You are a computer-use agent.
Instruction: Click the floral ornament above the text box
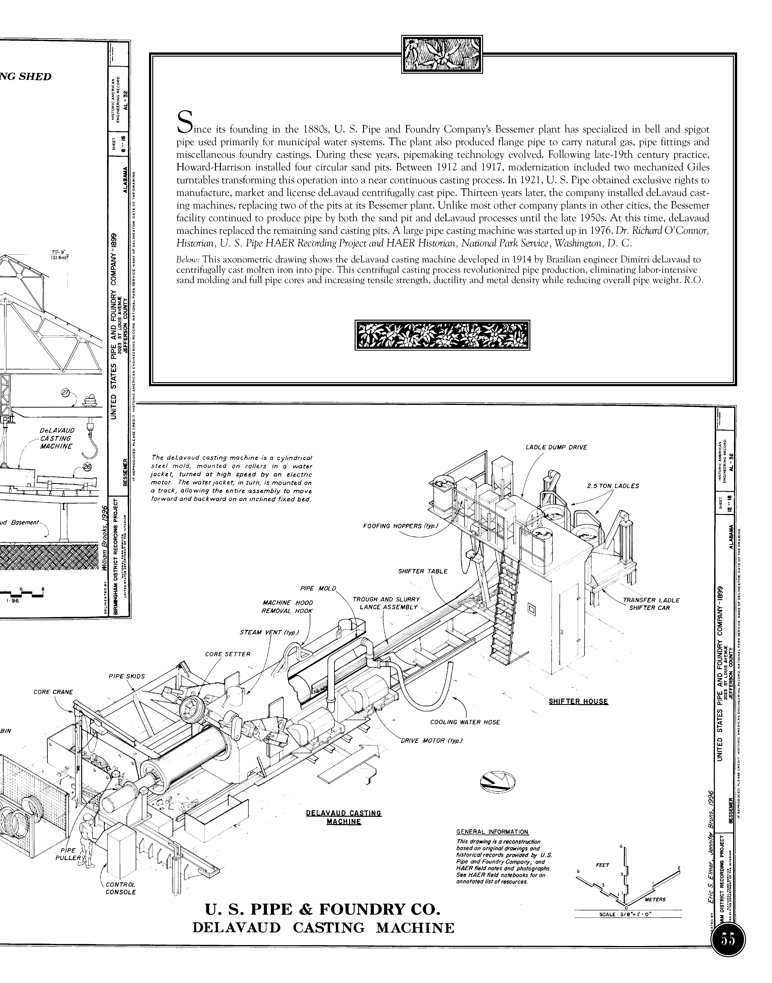[442, 55]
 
